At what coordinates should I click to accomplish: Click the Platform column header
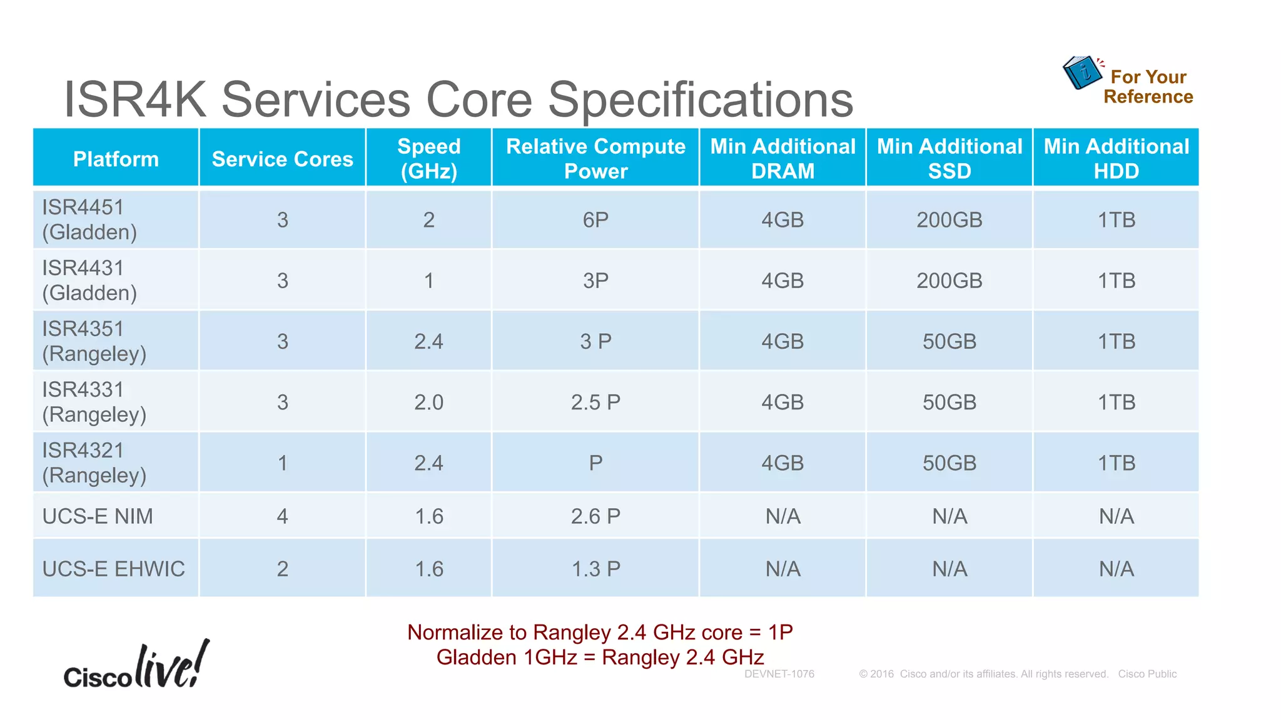point(116,159)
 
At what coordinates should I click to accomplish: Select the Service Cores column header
point(282,159)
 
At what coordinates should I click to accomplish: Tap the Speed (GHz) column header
point(428,158)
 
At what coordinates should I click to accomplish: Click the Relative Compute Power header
point(595,158)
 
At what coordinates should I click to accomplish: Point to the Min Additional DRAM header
point(782,158)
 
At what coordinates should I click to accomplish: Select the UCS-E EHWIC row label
point(113,569)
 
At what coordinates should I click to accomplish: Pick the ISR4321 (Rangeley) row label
point(94,462)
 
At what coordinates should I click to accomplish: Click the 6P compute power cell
point(595,220)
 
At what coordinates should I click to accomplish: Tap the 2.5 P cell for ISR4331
point(595,402)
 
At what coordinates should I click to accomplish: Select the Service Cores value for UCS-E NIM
point(282,516)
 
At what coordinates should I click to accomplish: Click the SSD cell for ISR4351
point(949,341)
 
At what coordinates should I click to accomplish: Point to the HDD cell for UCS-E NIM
point(1116,516)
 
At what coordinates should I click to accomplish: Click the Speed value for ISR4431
point(428,281)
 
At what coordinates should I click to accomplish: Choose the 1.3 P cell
point(595,569)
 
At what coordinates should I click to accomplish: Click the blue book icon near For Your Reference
point(1082,72)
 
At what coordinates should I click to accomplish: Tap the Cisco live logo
point(137,666)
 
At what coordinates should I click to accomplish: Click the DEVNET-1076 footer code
point(779,674)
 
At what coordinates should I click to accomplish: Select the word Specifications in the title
point(701,99)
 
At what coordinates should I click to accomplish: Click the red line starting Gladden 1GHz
point(600,657)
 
